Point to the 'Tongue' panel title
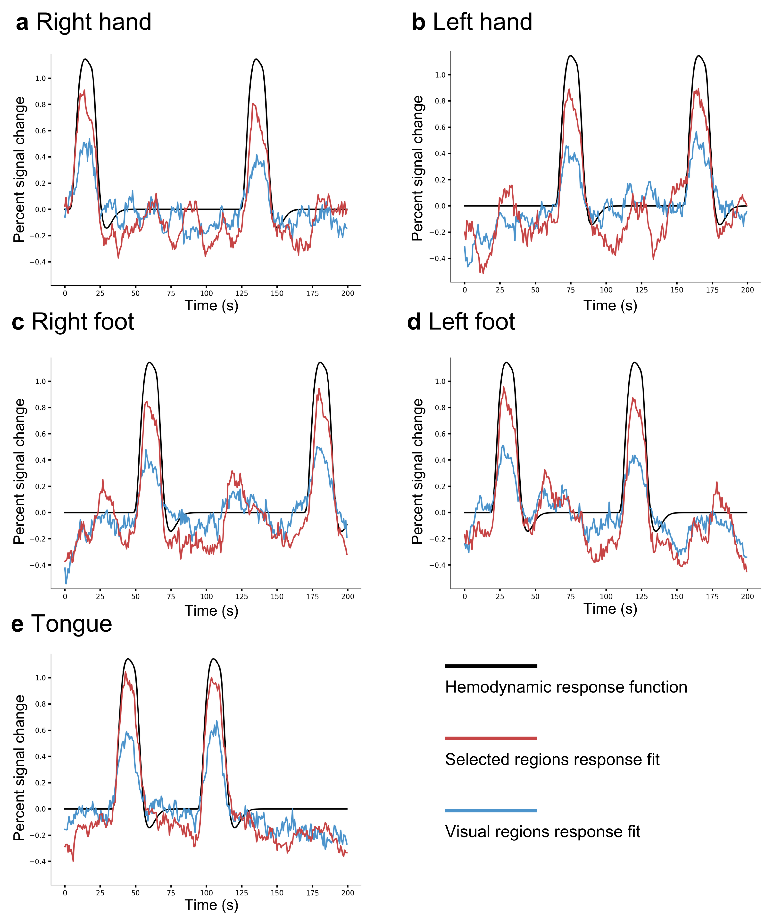point(71,624)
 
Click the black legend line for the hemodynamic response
point(491,666)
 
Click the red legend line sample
point(491,738)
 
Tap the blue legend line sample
point(491,810)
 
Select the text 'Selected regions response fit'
point(552,759)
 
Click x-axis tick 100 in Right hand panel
point(206,293)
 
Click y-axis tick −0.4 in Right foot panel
point(38,565)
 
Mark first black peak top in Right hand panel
point(86,59)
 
